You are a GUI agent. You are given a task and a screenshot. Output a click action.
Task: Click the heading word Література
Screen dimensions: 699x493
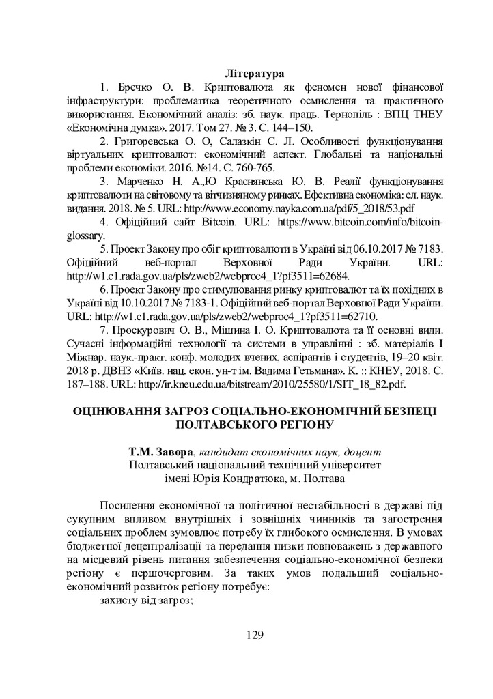coord(253,72)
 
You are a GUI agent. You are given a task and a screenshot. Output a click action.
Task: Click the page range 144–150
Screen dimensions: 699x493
coord(294,128)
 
